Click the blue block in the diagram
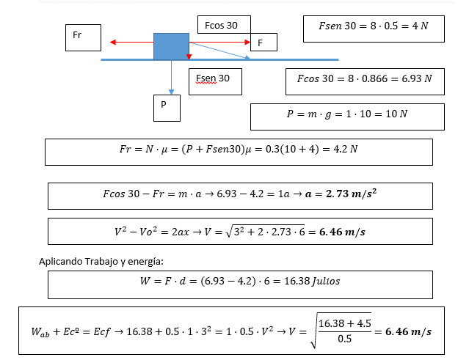pos(171,45)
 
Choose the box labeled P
pos(167,107)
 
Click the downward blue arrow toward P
pos(171,78)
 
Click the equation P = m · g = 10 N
pos(346,115)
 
